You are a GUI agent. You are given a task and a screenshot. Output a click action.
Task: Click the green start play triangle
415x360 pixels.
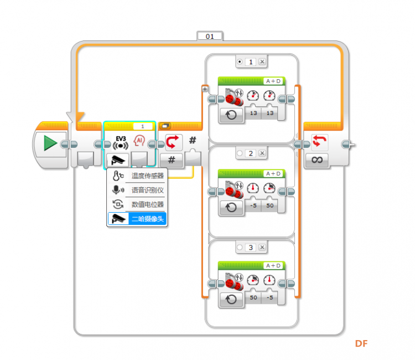tap(50, 143)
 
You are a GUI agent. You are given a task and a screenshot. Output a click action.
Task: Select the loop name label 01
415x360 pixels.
tap(210, 37)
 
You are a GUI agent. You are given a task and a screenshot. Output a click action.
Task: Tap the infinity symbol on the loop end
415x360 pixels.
tap(317, 160)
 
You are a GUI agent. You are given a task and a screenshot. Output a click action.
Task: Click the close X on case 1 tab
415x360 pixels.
tap(262, 61)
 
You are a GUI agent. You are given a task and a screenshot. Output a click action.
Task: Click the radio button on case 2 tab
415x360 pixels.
tap(240, 153)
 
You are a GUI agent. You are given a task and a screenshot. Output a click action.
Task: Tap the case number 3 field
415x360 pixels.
tap(250, 248)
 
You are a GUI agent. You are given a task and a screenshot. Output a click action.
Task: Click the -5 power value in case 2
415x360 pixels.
tap(253, 205)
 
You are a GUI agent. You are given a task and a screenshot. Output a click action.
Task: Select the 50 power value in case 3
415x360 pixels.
tap(253, 297)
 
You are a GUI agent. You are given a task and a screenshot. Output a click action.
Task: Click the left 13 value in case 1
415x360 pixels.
tap(253, 113)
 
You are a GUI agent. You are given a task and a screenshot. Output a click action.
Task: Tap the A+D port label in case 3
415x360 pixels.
tap(273, 266)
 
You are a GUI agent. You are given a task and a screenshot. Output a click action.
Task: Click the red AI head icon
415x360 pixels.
tap(139, 141)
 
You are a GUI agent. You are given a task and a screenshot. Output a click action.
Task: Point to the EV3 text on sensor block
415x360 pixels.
tap(121, 138)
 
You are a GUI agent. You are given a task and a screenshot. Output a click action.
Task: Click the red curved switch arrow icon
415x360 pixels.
tap(172, 141)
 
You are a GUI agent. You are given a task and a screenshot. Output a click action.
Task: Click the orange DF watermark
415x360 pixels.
tap(361, 343)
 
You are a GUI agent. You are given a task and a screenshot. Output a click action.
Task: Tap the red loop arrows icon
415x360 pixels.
tap(319, 141)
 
